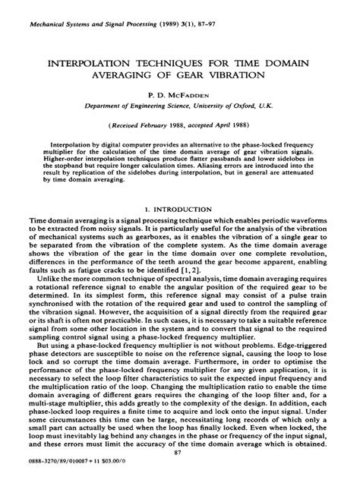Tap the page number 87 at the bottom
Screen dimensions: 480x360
[180, 453]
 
